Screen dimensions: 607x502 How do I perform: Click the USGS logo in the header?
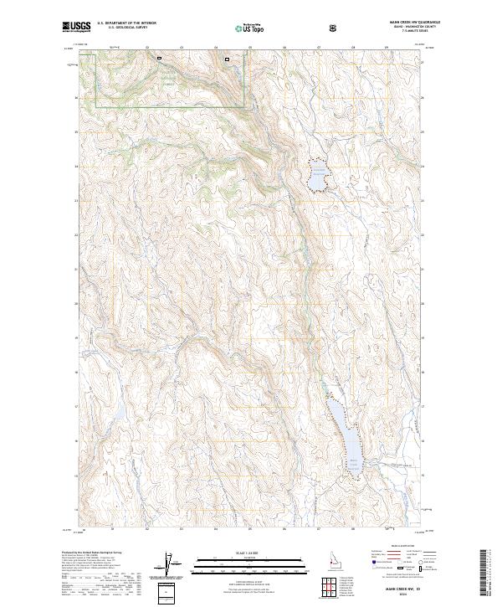coord(76,27)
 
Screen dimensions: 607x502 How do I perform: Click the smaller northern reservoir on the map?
coord(317,178)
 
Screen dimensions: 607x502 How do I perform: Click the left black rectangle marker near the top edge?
coord(159,58)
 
